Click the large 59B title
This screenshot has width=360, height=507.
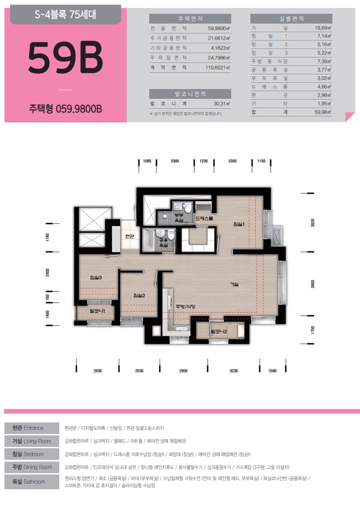pyautogui.click(x=65, y=57)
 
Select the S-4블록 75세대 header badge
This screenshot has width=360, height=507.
pyautogui.click(x=65, y=15)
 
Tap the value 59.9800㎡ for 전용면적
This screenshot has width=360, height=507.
pyautogui.click(x=219, y=28)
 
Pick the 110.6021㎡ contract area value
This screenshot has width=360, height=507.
pyautogui.click(x=217, y=68)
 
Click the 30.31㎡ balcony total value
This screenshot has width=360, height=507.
pyautogui.click(x=222, y=104)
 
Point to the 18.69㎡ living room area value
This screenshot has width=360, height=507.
pyautogui.click(x=323, y=28)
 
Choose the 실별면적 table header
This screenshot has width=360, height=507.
pyautogui.click(x=291, y=18)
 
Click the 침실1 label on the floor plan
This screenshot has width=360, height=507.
pyautogui.click(x=239, y=224)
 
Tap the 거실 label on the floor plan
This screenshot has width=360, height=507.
pyautogui.click(x=234, y=284)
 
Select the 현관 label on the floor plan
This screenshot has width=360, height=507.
pyautogui.click(x=130, y=236)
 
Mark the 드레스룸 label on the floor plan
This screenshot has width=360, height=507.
pyautogui.click(x=204, y=219)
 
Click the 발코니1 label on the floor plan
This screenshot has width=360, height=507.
pyautogui.click(x=97, y=311)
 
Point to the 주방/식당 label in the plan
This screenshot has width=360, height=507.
pyautogui.click(x=185, y=307)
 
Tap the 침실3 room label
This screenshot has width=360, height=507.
pyautogui.click(x=96, y=277)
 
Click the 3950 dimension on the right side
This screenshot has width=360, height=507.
pyautogui.click(x=312, y=284)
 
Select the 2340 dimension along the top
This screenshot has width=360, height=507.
pyautogui.click(x=175, y=161)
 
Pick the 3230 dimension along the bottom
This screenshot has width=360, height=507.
pyautogui.click(x=234, y=371)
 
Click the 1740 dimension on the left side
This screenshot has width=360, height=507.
pyautogui.click(x=48, y=237)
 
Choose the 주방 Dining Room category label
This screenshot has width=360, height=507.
pyautogui.click(x=32, y=467)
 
